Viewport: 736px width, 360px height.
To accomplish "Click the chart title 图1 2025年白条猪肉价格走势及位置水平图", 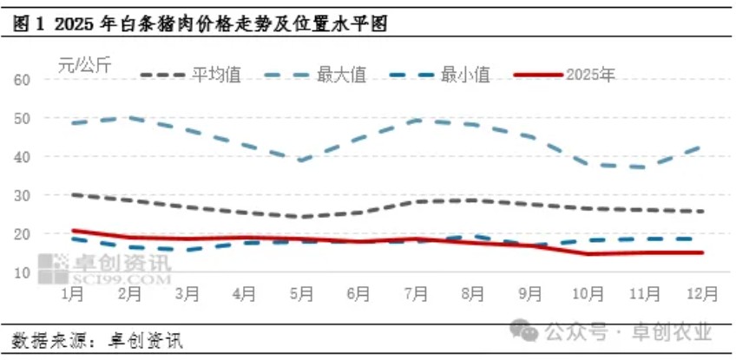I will coord(200,25).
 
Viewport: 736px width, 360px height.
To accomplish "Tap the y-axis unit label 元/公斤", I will coord(84,63).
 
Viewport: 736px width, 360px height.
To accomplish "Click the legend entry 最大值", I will coord(341,75).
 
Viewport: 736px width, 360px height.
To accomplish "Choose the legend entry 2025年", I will coord(590,75).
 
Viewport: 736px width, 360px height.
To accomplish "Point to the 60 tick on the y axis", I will coord(23,80).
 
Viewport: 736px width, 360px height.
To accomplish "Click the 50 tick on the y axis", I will coord(23,118).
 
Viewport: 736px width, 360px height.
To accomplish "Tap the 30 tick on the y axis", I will coord(23,195).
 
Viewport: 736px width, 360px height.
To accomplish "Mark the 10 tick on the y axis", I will coord(23,272).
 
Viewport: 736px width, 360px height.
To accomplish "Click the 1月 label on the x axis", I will coord(72,294).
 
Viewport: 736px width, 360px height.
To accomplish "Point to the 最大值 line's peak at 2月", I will coord(130,116).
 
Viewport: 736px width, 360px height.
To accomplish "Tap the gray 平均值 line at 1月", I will coord(73,194).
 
